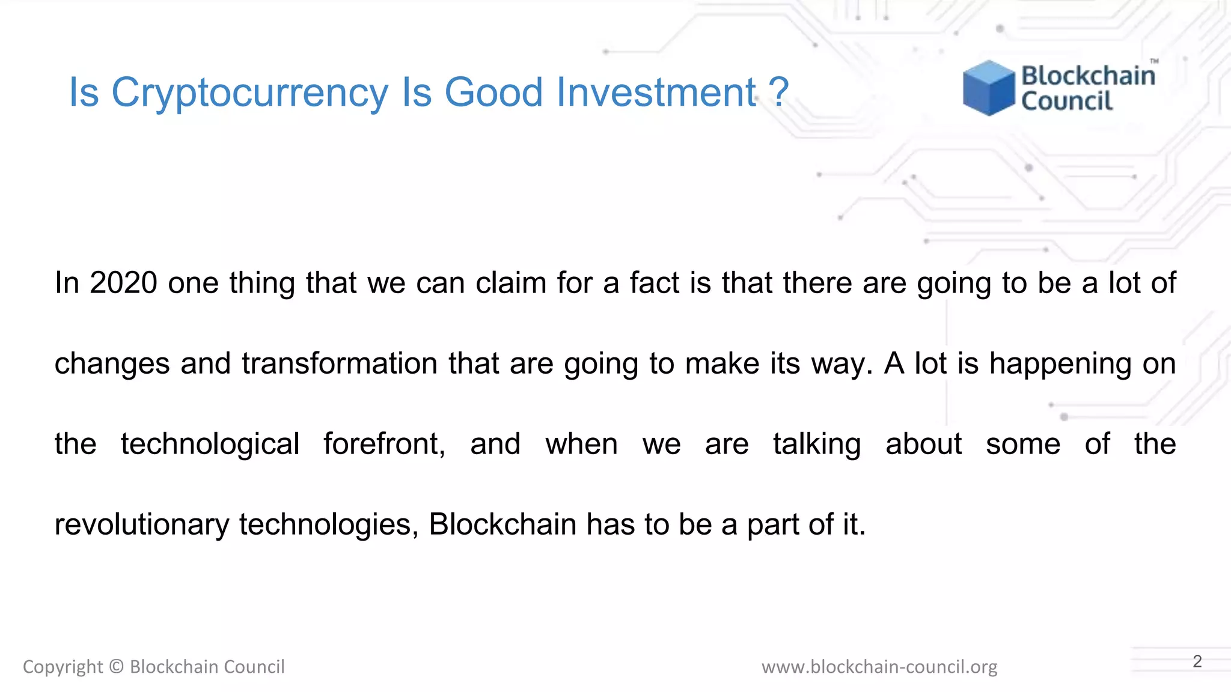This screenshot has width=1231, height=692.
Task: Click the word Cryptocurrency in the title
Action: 249,93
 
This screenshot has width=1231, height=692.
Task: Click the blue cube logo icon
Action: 988,88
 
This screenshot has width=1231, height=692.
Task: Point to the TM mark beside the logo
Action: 1154,61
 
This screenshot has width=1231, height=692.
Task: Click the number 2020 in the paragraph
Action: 124,282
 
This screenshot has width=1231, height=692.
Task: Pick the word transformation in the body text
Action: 340,363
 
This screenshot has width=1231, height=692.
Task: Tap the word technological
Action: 210,445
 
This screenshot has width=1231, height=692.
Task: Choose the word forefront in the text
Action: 384,445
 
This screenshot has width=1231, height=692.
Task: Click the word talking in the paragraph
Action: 817,445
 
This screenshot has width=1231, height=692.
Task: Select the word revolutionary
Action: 142,524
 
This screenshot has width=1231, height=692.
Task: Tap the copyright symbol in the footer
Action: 117,667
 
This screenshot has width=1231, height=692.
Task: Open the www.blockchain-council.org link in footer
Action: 879,667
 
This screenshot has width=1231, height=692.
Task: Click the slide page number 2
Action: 1197,661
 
